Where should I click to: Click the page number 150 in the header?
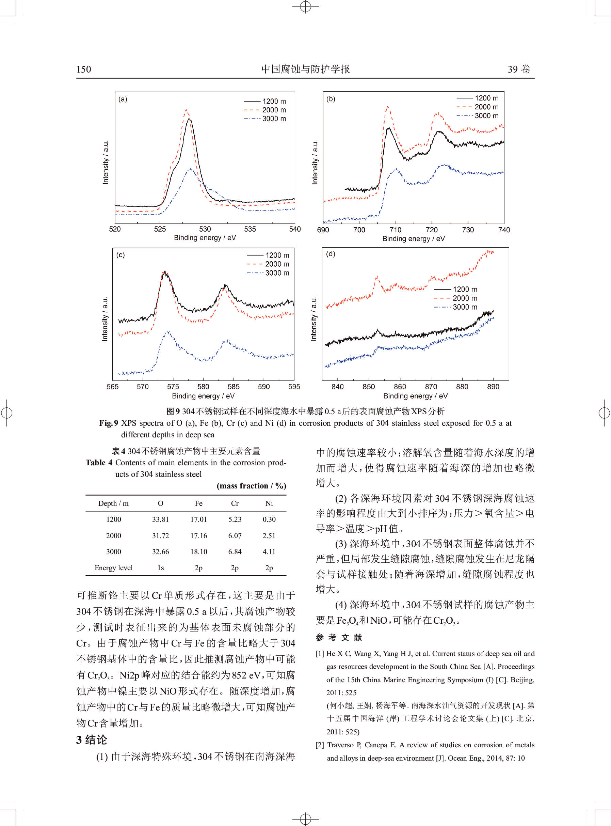point(84,69)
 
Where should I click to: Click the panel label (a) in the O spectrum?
point(123,99)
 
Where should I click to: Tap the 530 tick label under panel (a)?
point(205,229)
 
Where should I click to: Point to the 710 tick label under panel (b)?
point(396,230)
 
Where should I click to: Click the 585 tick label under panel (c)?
point(234,387)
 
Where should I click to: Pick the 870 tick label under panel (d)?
point(431,387)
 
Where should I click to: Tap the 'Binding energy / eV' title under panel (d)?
point(415,396)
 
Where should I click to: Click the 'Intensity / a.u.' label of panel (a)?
point(106,162)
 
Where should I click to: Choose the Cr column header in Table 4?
point(235,503)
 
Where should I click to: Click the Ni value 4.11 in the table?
point(269,552)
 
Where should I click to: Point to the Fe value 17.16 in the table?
point(198,535)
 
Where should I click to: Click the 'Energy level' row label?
point(114,568)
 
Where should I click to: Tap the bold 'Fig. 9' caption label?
point(109,423)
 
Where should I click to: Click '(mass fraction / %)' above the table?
point(251,486)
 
